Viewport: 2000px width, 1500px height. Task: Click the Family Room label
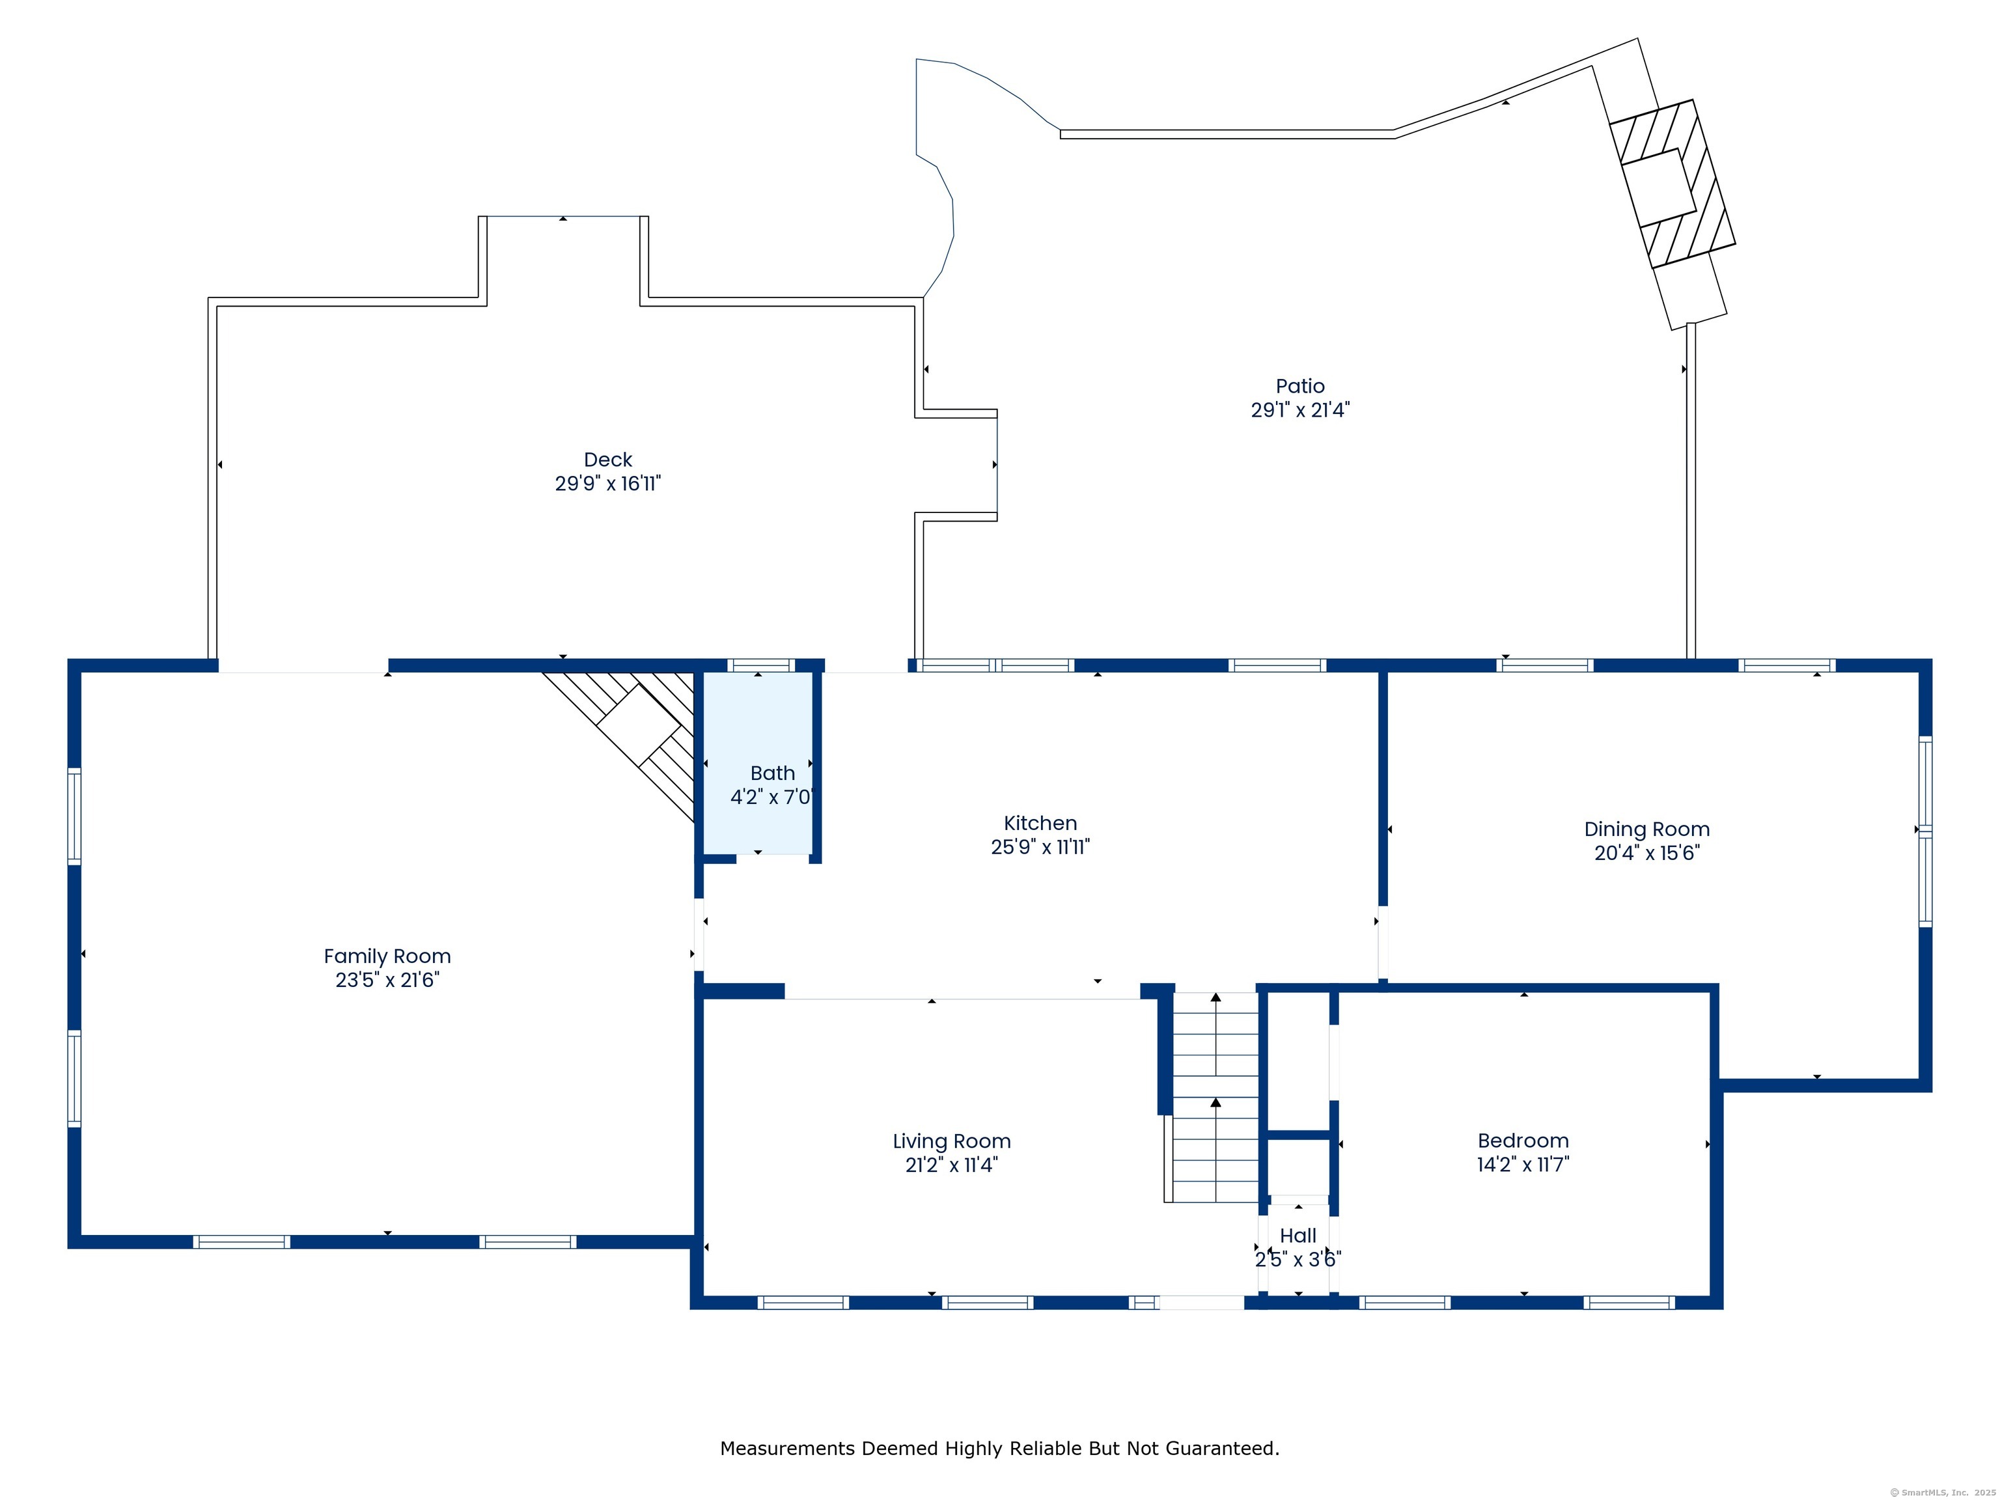pos(387,956)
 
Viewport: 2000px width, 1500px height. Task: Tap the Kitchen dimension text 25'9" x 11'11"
pos(1040,847)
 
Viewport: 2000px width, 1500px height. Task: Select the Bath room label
pos(773,773)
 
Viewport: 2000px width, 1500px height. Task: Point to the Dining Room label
pos(1647,830)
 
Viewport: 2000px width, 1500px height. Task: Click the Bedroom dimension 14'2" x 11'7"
pos(1523,1165)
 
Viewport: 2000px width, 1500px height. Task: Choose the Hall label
pos(1298,1235)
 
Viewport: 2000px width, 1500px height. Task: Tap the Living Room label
pos(952,1142)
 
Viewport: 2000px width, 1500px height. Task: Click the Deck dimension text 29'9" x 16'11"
pos(609,484)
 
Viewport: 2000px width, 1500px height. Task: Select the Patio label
pos(1300,386)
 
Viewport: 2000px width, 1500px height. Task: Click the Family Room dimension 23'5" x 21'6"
pos(387,980)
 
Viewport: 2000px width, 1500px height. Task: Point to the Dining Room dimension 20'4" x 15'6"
pos(1647,853)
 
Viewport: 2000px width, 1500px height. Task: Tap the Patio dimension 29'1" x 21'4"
pos(1300,410)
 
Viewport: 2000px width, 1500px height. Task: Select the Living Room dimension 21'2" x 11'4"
pos(952,1165)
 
